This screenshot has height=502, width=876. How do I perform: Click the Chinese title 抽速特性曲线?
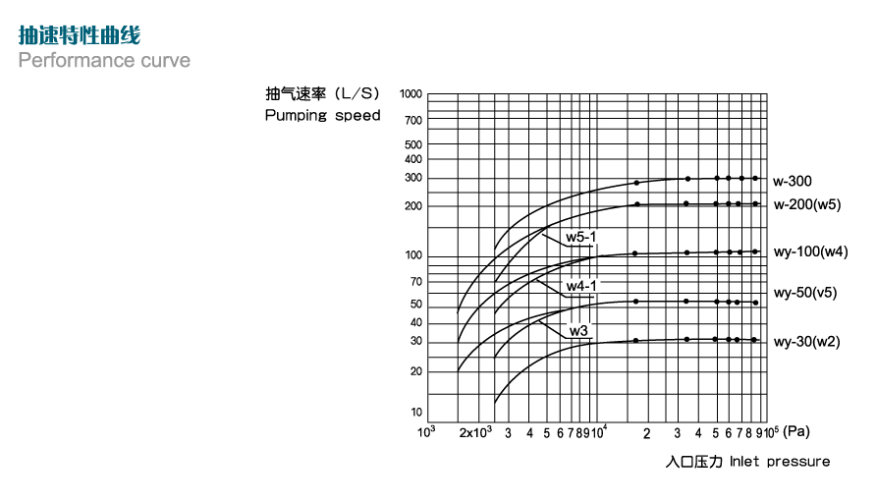coord(80,34)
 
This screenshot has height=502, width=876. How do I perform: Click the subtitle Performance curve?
coord(104,60)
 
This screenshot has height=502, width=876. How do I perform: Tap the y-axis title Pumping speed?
coord(322,115)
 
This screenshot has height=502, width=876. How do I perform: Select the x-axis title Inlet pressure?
coord(780,461)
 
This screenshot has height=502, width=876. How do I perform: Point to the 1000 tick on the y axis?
coord(411,94)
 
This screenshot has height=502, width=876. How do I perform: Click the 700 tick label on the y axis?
coord(413,120)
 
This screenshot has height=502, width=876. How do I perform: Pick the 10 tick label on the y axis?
coord(416,412)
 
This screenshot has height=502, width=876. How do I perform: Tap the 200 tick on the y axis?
coord(413,205)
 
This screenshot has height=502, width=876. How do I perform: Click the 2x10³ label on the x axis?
coord(475,432)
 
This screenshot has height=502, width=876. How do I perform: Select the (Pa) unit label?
coord(796,431)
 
